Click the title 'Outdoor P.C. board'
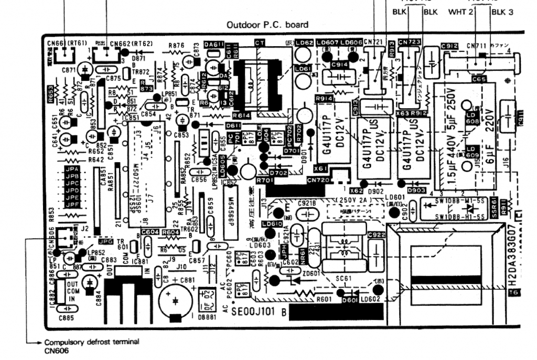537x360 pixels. pyautogui.click(x=267, y=24)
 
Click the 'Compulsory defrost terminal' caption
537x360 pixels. pyautogui.click(x=92, y=342)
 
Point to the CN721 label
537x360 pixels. pyautogui.click(x=373, y=43)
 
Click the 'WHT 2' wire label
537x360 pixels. pyautogui.click(x=461, y=12)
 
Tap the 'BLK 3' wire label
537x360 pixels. pyautogui.click(x=502, y=12)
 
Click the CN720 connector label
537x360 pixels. pyautogui.click(x=318, y=180)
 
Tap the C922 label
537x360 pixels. pyautogui.click(x=377, y=235)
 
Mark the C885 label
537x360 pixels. pyautogui.click(x=66, y=317)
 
